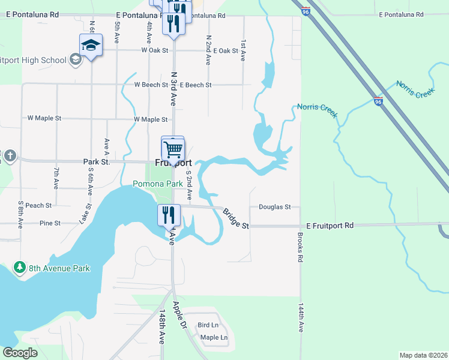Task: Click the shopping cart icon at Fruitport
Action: pos(173,149)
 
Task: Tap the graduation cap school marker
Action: pos(91,45)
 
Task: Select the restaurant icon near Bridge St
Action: pos(169,214)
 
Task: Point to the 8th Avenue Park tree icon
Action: pos(20,267)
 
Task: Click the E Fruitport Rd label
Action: pos(330,226)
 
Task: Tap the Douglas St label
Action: pos(274,207)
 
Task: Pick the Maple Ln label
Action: pos(214,338)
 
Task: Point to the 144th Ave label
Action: pos(300,318)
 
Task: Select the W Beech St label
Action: pos(151,85)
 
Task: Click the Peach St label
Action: pos(38,205)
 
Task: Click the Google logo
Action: pos(20,353)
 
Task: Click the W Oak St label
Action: pos(154,51)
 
